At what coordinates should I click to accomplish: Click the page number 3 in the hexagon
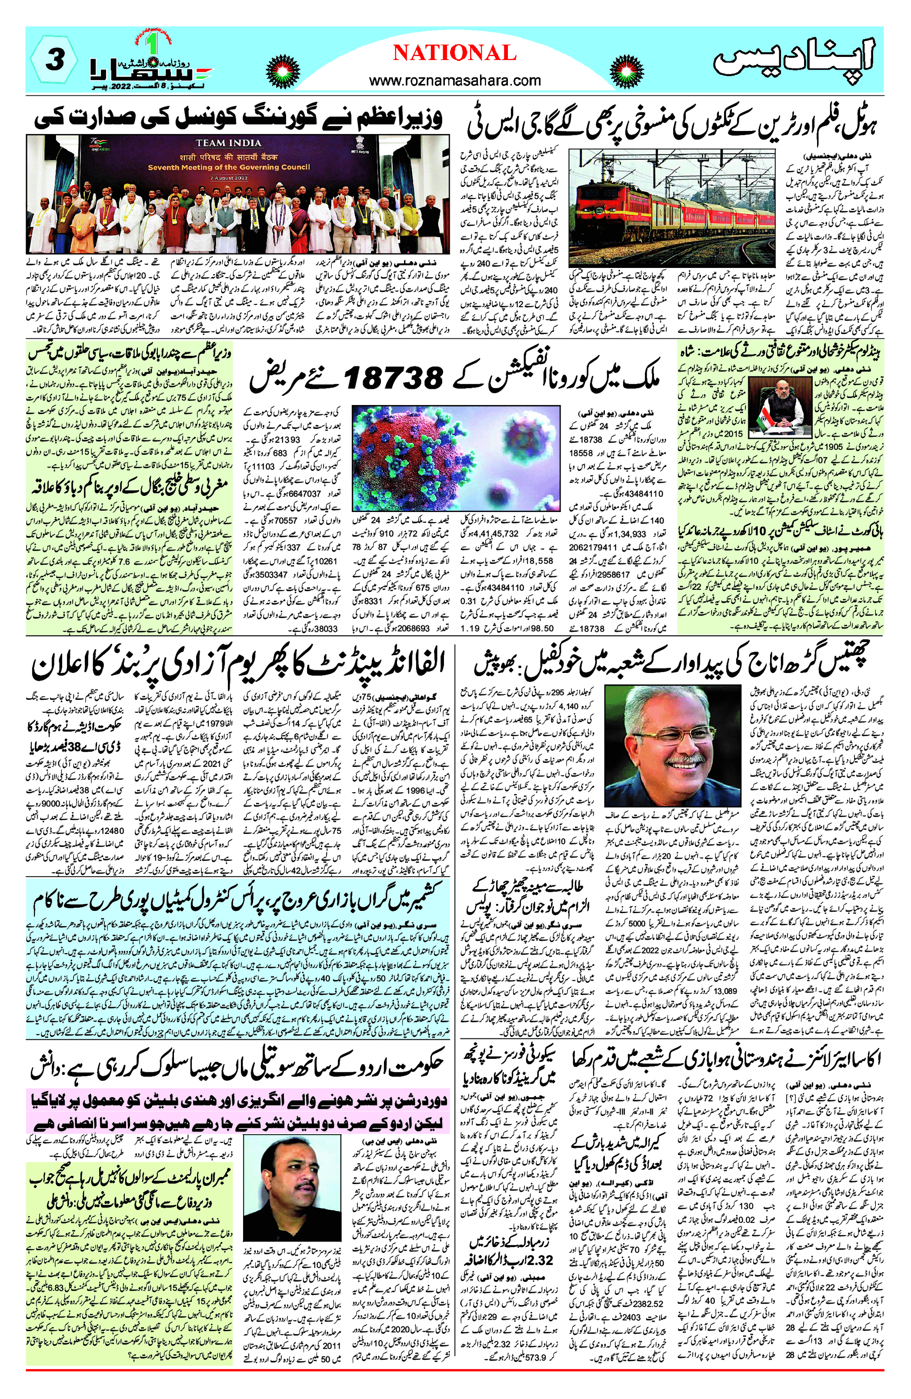(x=54, y=60)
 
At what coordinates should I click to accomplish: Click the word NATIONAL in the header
(x=454, y=54)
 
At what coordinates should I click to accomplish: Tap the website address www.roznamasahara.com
(x=455, y=80)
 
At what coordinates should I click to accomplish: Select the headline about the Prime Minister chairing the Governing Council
(x=238, y=117)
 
